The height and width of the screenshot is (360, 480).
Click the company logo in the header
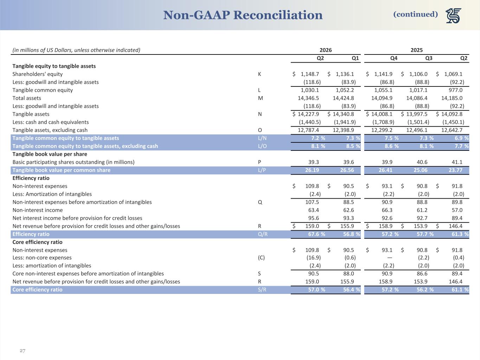pos(453,15)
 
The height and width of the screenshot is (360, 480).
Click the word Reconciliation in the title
pos(278,15)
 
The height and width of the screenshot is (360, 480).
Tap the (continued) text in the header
pos(416,14)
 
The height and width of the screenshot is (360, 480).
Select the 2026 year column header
pos(326,50)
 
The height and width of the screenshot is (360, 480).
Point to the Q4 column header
pos(394,58)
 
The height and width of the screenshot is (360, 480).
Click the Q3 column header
pos(429,58)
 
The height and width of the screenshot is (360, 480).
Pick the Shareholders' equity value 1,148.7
pos(310,74)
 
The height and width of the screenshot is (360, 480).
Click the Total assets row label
pos(27,98)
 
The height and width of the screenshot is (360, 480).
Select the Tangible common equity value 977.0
pos(455,90)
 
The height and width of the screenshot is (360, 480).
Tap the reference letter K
pos(260,74)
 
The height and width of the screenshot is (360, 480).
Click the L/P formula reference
pos(262,170)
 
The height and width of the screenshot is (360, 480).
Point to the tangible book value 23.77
pos(455,170)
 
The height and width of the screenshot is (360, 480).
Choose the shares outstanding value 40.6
pos(422,162)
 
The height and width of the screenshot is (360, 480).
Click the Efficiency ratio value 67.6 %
pos(316,234)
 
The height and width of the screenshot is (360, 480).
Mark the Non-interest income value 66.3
pos(387,210)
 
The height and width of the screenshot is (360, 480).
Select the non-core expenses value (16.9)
pos(314,258)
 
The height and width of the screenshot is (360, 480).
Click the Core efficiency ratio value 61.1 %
pos(460,290)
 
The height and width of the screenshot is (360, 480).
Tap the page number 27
pos(23,351)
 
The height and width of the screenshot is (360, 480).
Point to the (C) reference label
pos(261,258)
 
